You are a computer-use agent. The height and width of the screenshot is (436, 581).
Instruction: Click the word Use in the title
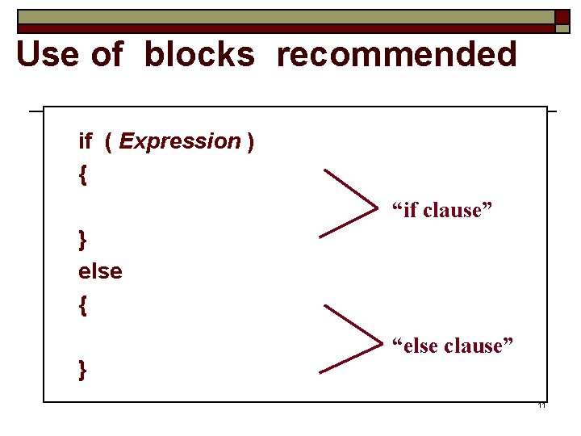coord(47,55)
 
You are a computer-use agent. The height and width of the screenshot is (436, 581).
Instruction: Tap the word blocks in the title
coord(199,55)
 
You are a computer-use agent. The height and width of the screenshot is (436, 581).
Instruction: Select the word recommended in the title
coord(396,55)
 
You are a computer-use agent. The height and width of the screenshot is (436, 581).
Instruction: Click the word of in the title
coord(107,55)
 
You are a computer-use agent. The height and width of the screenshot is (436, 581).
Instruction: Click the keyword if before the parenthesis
coord(85,141)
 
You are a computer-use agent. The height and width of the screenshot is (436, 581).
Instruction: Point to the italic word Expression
coord(180,142)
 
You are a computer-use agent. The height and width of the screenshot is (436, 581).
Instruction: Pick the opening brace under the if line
coord(82,175)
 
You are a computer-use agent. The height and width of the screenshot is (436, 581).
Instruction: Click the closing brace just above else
coord(82,240)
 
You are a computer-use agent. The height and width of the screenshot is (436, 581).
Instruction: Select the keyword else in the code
coord(100,271)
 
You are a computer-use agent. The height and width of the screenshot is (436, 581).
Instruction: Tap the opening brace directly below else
coord(82,305)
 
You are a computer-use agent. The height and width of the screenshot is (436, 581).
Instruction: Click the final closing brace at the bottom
coord(82,370)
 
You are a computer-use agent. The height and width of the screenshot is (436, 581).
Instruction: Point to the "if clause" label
coord(441,210)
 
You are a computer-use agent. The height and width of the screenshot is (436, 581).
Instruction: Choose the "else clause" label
coord(452,346)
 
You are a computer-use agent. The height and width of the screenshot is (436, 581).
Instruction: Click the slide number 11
coord(541,405)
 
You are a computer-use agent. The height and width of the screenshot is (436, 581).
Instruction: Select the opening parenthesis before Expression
coord(109,142)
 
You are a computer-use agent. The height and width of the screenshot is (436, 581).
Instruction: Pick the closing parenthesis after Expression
coord(251,142)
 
